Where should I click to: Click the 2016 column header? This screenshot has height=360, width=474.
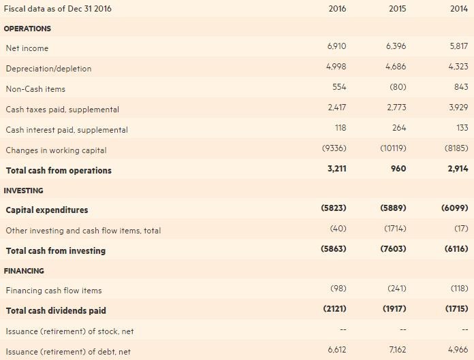click(x=337, y=9)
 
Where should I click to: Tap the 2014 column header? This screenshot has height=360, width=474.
click(x=459, y=9)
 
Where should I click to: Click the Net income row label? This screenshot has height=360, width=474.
click(x=27, y=48)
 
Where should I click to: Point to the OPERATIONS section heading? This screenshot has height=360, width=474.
click(x=27, y=29)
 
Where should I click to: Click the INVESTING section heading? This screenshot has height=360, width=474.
click(x=24, y=191)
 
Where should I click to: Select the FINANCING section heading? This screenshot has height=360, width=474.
click(x=24, y=271)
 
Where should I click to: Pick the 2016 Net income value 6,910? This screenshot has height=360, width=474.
click(x=337, y=46)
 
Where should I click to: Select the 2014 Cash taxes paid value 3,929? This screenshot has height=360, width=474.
click(x=458, y=108)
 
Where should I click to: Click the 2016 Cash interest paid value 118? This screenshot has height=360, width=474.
click(x=341, y=128)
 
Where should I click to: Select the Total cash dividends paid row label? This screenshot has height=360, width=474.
click(x=56, y=311)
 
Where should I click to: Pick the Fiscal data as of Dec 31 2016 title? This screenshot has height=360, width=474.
click(x=58, y=9)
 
